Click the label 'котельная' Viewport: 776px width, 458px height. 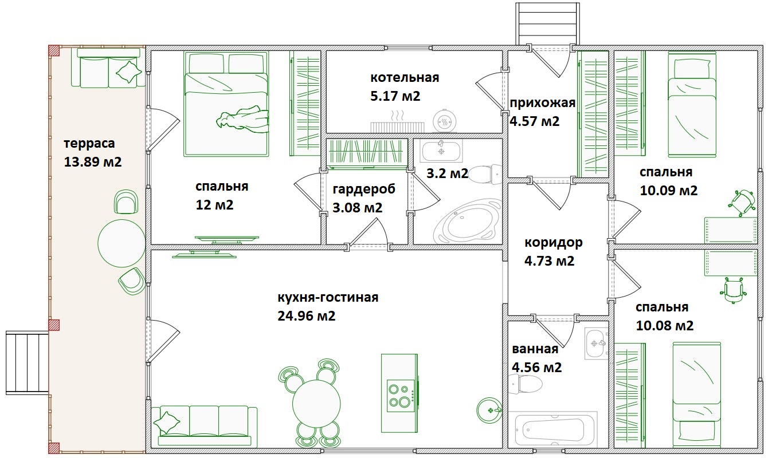405,77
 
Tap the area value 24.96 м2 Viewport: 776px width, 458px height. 306,315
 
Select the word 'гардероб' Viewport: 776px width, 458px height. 364,189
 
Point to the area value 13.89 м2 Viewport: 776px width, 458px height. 93,161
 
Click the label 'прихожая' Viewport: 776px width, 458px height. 543,103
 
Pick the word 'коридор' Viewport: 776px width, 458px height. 554,243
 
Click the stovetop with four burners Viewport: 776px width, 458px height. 401,396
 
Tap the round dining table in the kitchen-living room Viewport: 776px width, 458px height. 316,404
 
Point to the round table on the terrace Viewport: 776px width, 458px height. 122,243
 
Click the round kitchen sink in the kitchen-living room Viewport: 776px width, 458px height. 489,410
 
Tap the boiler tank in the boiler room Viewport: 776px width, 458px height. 445,121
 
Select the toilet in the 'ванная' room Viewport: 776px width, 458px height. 527,384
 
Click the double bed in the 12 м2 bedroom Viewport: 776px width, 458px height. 226,104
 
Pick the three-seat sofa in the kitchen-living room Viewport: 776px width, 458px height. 205,427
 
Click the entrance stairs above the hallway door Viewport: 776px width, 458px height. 547,24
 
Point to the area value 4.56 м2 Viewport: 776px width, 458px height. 536,368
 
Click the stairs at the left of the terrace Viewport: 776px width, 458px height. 28,363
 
